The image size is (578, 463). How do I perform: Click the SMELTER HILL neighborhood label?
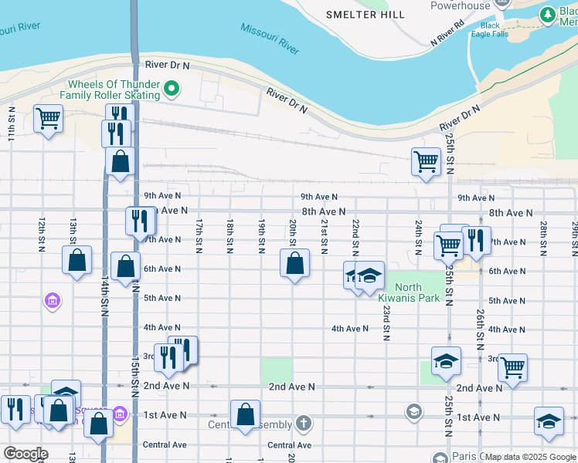[x=365, y=15]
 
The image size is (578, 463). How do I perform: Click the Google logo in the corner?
[x=25, y=454]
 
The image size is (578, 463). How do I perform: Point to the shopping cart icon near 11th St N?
[x=48, y=119]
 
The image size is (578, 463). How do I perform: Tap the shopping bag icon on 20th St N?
[x=294, y=263]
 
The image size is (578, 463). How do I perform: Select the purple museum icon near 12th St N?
[x=52, y=299]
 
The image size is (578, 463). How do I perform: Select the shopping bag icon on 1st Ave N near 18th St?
[x=245, y=414]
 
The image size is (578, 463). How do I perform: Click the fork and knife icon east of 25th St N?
[x=477, y=240]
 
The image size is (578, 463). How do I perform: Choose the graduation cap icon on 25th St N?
[x=446, y=361]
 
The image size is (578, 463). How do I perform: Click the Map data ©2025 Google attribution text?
[x=530, y=457]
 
